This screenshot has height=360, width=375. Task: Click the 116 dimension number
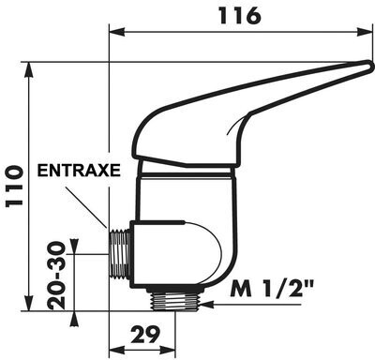(240, 16)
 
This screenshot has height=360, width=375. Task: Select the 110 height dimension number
(14, 186)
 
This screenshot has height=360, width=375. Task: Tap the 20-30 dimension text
(56, 276)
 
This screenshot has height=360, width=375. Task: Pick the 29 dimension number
(145, 334)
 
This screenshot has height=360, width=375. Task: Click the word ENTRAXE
(79, 171)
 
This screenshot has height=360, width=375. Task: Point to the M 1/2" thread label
(272, 289)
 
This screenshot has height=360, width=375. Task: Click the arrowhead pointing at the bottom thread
(208, 304)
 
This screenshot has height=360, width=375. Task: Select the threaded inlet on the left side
(120, 253)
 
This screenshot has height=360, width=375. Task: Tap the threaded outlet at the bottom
(175, 300)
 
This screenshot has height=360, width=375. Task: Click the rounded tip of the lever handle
(370, 67)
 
